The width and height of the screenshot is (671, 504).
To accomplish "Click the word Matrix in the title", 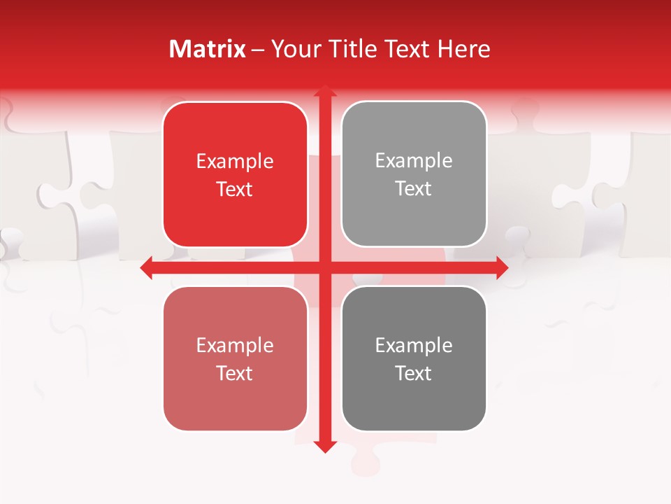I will (208, 49).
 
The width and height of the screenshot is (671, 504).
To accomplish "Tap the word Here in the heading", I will (464, 49).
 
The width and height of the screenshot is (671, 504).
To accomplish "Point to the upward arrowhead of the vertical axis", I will (324, 91).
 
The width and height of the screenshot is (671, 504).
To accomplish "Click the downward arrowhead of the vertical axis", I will (324, 446).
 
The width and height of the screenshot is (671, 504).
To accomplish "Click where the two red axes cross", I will (324, 267).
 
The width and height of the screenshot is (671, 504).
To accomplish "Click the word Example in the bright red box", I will (235, 162).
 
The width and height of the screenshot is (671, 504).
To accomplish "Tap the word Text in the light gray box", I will (414, 189).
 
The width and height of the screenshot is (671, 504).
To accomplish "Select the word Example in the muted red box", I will (235, 346).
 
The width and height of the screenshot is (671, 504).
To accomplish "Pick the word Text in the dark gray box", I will (414, 373).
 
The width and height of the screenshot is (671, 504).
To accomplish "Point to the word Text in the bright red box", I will (235, 190).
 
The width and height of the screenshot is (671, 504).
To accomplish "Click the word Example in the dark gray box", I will (414, 345).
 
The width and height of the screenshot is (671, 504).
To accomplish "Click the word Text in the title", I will (407, 49).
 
